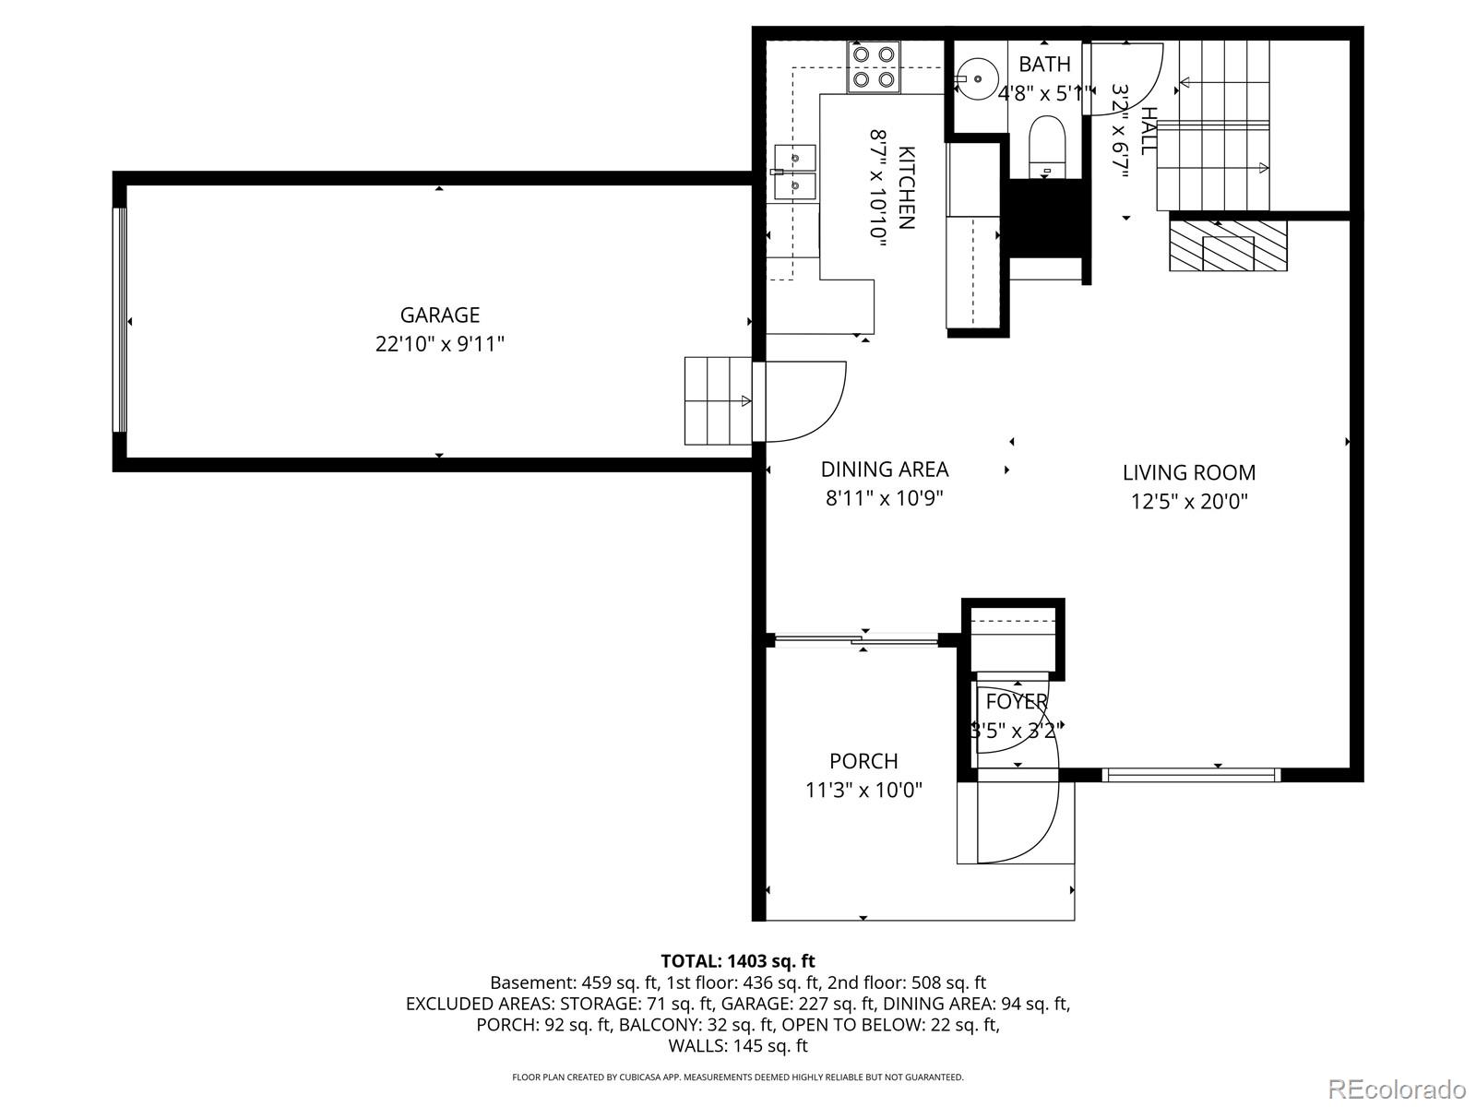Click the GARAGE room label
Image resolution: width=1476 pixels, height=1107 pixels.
440,315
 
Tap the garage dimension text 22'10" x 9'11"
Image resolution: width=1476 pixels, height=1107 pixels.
440,344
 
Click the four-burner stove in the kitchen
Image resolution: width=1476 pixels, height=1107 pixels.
874,67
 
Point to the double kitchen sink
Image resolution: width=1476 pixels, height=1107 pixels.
795,173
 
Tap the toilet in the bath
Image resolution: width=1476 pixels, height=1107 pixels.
1047,146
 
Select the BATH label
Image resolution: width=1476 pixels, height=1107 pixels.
1045,65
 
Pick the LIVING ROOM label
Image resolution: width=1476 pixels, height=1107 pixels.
1189,473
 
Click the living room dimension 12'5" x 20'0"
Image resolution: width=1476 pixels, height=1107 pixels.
1189,502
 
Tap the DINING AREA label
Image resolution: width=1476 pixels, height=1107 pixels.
885,470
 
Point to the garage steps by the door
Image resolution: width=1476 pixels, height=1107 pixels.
717,400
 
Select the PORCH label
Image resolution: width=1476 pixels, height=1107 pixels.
863,761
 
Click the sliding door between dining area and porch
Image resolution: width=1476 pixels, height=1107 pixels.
856,637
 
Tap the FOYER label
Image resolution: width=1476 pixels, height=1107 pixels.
1017,702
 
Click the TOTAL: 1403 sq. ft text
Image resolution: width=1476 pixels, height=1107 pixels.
738,961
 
